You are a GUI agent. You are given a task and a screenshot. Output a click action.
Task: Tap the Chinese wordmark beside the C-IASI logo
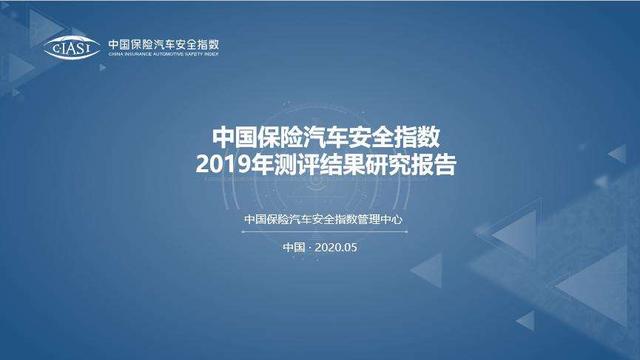pyautogui.click(x=163, y=44)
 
